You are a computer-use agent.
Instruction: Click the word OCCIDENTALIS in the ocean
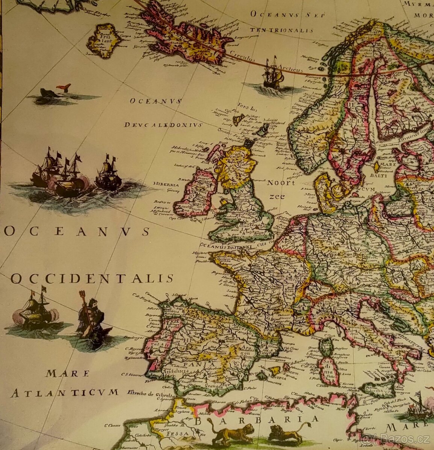point(92,279)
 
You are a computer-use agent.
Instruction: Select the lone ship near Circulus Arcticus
point(272,75)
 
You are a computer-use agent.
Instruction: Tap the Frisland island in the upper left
point(104,40)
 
